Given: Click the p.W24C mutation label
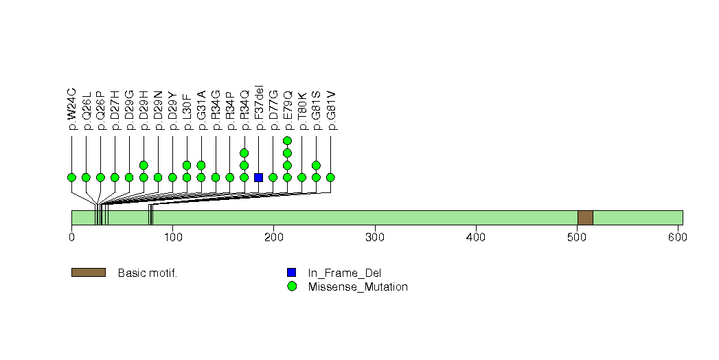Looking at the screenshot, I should click(71, 109).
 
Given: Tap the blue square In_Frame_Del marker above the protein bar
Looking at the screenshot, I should click(259, 177).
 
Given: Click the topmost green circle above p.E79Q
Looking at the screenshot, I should click(288, 141).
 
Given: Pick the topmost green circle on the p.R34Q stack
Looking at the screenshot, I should click(244, 153).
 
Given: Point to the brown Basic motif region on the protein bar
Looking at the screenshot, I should click(585, 217).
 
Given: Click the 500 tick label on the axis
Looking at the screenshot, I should click(577, 238).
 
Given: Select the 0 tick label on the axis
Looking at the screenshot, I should click(71, 238).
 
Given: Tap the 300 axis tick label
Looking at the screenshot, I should click(374, 238).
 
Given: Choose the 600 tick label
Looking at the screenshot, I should click(678, 238).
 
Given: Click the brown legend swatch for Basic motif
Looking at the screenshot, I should click(88, 273).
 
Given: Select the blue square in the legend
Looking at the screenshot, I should click(292, 273).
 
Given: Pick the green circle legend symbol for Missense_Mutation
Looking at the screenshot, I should click(292, 286).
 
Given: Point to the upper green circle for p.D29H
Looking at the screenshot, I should click(144, 165).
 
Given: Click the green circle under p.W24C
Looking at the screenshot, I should click(71, 177).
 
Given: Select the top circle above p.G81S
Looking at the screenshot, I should click(317, 165).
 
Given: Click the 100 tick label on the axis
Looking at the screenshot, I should click(172, 238).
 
